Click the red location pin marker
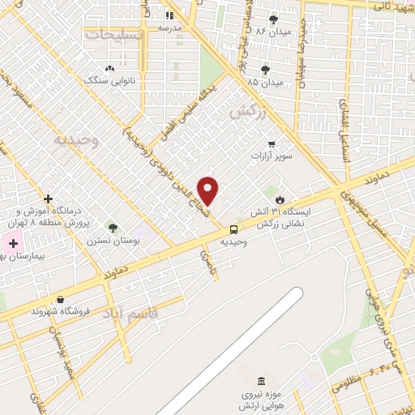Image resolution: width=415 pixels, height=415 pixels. tap(208, 190)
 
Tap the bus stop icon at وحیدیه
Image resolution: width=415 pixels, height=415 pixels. tap(233, 229)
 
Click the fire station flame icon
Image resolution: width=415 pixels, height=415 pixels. tap(280, 199)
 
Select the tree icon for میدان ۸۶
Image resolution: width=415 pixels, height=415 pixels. tap(272, 19)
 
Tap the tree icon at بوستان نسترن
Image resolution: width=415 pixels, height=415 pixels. tap(113, 227)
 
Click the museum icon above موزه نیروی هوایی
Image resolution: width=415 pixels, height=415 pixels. tap(260, 381)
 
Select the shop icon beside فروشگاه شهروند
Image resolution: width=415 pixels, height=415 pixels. tap(60, 299)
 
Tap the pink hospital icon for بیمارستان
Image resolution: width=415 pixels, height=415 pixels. tap(13, 242)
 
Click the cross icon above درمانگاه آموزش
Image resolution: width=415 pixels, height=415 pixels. tap(48, 198)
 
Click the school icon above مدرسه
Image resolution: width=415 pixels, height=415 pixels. tap(169, 15)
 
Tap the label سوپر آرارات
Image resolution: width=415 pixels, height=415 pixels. tap(270, 155)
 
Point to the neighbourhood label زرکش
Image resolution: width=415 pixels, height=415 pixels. tap(247, 113)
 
